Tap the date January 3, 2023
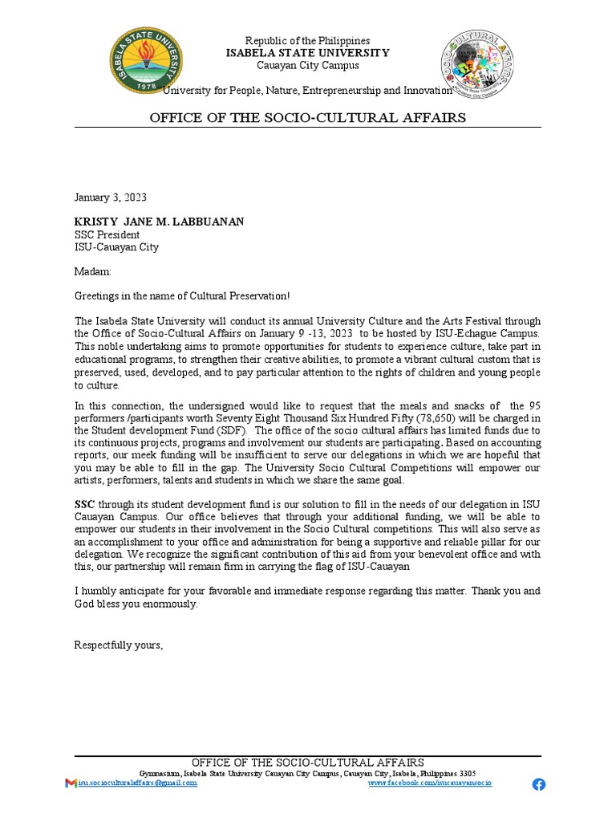(x=111, y=197)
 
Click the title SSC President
(x=107, y=234)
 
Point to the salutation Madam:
(x=94, y=272)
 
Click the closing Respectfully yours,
(x=119, y=645)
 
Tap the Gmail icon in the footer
(x=71, y=783)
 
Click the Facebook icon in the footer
(x=538, y=784)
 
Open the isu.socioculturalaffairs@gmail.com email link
(x=136, y=783)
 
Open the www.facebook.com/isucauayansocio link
(x=430, y=783)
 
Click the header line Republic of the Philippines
(x=307, y=41)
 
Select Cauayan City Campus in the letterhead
(x=307, y=65)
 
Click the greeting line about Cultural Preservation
(x=182, y=297)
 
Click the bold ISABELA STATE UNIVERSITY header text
(x=307, y=53)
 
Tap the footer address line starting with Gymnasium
(x=307, y=773)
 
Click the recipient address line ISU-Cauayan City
(x=116, y=247)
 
